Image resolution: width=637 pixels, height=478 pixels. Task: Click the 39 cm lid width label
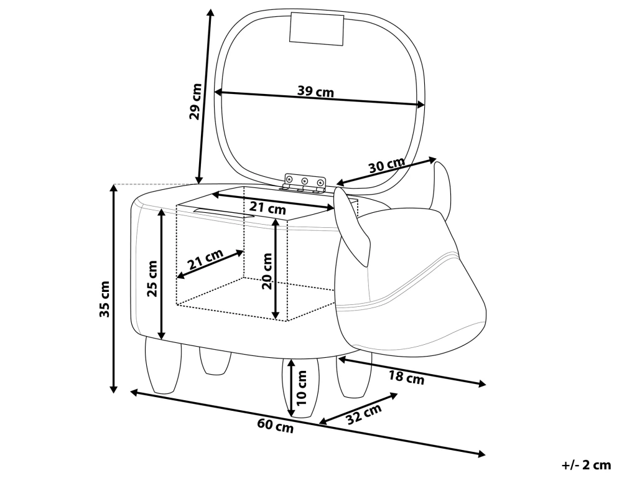pos(315,91)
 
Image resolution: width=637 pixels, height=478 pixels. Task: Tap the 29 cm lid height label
pos(196,101)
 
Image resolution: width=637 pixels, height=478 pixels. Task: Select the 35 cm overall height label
pos(105,299)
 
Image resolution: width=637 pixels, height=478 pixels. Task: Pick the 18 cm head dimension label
pos(406,377)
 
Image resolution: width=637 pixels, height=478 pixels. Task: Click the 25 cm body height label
pos(152,279)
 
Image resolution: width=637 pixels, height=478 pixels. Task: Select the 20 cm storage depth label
pos(267,271)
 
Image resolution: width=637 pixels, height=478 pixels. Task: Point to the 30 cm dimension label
pos(387,165)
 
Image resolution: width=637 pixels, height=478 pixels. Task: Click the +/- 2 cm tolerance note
pos(586,464)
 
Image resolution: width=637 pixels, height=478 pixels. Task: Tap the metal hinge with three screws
pos(305,182)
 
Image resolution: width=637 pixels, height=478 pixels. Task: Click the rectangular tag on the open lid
pos(317,28)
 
